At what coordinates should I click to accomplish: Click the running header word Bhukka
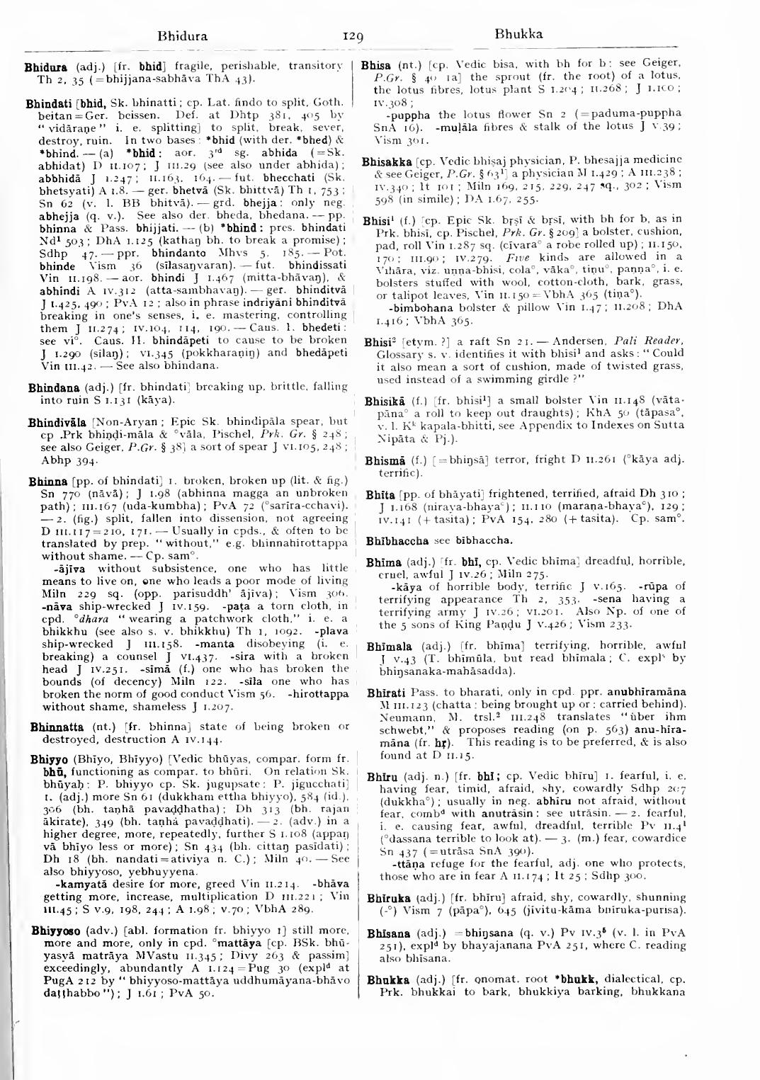(518, 33)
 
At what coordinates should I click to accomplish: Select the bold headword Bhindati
(45, 103)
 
